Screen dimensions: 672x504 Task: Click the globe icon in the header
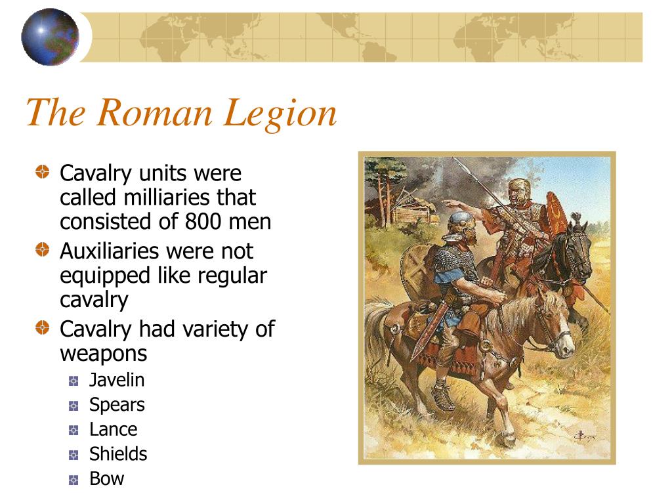50,37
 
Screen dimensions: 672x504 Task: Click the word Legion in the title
280,113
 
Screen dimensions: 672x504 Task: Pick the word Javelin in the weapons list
117,380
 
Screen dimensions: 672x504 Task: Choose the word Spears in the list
117,405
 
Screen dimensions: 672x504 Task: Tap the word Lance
113,429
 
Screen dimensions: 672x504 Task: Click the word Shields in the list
118,454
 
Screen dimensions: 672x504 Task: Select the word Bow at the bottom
107,478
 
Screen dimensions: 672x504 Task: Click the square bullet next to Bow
73,480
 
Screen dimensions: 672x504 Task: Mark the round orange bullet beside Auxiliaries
43,249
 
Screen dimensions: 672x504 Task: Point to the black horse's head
579,249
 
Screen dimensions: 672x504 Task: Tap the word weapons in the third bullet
103,354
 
